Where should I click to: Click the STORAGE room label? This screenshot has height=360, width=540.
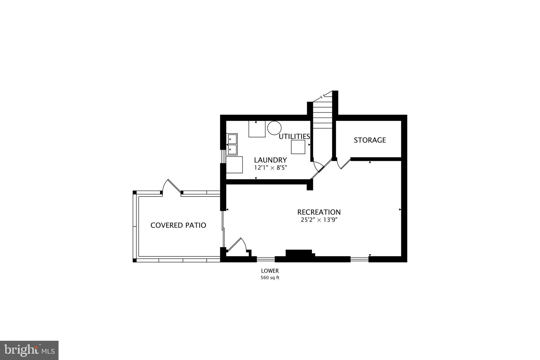370,140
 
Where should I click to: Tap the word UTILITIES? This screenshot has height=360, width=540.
294,137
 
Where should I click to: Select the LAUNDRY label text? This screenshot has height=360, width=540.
270,160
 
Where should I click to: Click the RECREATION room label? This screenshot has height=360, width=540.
319,212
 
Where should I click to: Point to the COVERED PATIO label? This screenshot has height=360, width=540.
178,225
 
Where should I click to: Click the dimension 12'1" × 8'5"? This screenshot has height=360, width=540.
270,167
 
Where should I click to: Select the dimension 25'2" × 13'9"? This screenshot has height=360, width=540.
319,220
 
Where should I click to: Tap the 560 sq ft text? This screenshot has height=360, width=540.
270,278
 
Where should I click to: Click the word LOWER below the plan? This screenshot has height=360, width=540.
270,271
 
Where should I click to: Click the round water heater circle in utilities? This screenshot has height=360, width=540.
274,128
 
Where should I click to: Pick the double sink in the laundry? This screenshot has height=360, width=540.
232,144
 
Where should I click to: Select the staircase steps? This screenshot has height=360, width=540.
322,116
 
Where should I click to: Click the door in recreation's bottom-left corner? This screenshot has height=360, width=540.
237,247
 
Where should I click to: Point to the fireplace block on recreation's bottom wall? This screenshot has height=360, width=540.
299,253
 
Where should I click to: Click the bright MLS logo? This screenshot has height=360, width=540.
29,350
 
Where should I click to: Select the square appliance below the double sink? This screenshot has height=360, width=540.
234,165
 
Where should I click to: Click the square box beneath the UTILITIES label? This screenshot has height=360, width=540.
298,147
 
